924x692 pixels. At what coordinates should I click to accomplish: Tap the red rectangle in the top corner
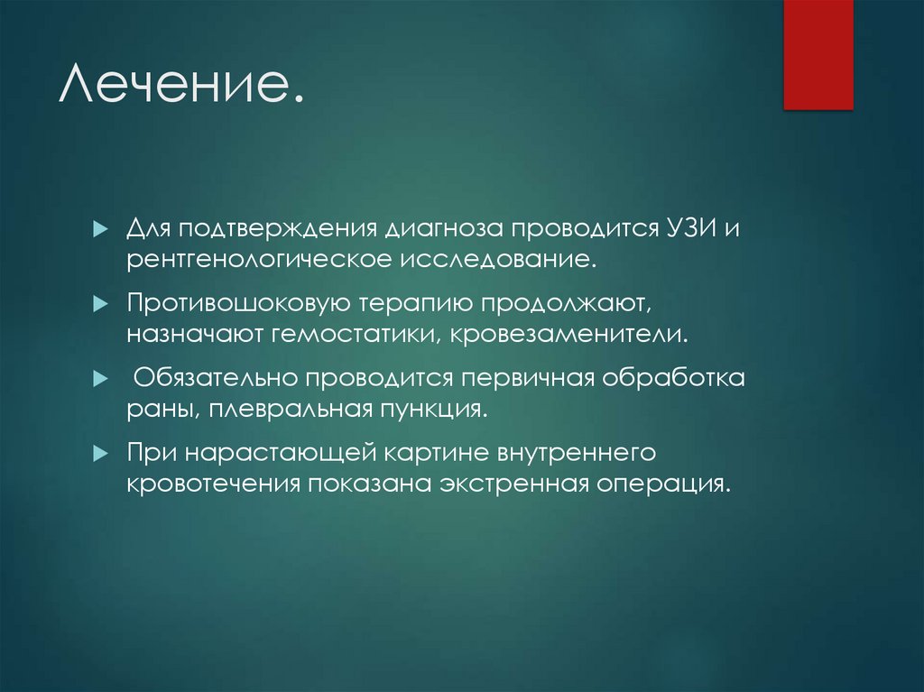click(x=818, y=54)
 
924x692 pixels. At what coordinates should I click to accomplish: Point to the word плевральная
click(x=286, y=410)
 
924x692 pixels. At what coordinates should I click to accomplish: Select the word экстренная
click(x=512, y=484)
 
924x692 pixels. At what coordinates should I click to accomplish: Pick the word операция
click(x=661, y=484)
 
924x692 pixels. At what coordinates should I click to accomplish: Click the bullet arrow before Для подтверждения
click(x=100, y=226)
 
